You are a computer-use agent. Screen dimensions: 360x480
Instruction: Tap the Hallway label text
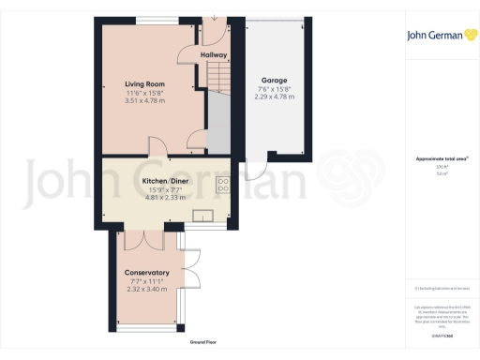click(214, 55)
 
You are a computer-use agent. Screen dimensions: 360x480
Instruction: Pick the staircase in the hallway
click(217, 76)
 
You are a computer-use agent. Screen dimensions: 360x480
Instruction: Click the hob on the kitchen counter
click(222, 185)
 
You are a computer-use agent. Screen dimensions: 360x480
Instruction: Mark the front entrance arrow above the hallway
click(215, 16)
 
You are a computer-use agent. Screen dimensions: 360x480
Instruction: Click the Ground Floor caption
click(204, 343)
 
